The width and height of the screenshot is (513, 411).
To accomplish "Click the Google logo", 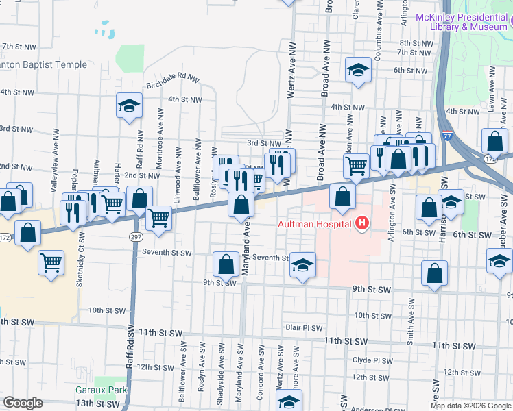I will click(x=23, y=403).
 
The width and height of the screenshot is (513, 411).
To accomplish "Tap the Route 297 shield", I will click(x=135, y=236).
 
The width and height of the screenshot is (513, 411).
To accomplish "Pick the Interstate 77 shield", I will click(x=446, y=136).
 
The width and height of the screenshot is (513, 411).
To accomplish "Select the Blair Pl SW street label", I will click(x=304, y=327).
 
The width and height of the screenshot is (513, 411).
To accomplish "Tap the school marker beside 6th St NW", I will click(x=357, y=71).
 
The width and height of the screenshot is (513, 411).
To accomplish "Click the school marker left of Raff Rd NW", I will click(x=128, y=107).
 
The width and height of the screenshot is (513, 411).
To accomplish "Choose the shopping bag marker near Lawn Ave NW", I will click(x=495, y=142).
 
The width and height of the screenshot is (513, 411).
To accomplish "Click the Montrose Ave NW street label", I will click(x=159, y=151).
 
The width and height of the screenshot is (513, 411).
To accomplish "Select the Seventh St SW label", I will click(x=166, y=253).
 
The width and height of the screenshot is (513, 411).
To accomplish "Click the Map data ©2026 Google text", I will click(x=470, y=406).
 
